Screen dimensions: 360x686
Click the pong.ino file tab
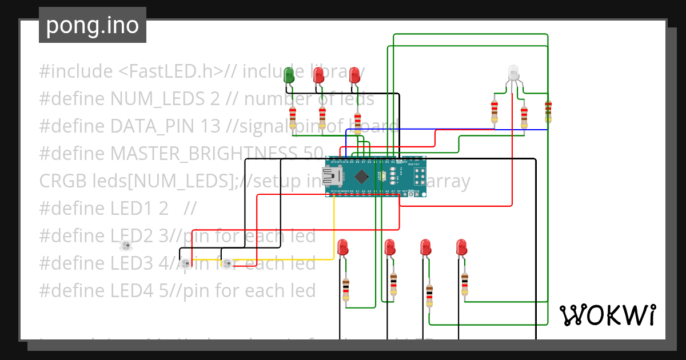pos(92,25)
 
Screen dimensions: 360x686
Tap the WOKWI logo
pos(607,315)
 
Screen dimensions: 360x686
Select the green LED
pos(289,74)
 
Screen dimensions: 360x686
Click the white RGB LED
pos(513,73)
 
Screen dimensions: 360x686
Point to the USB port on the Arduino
pos(332,177)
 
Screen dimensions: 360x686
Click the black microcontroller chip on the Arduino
pos(362,175)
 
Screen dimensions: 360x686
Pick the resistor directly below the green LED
pos(293,117)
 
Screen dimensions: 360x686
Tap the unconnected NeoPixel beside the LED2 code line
pos(126,246)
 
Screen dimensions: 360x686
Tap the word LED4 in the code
pos(133,291)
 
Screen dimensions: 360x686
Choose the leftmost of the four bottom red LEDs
pos(342,247)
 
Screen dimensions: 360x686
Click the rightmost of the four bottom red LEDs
pos(461,247)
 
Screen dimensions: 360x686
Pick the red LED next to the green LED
pos(318,74)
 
